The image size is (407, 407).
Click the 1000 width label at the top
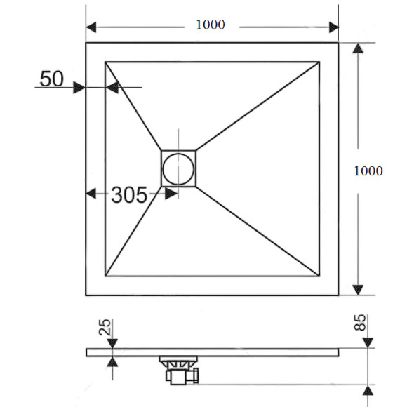click(x=210, y=25)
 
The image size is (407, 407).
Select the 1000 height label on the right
click(x=368, y=171)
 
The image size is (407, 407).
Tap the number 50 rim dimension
click(x=52, y=79)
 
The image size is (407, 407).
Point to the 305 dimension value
click(x=129, y=195)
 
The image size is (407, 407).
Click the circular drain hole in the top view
click(x=178, y=168)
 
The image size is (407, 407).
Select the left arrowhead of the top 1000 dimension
click(x=92, y=27)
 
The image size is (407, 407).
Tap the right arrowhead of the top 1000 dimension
click(x=333, y=27)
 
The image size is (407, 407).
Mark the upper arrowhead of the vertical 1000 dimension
click(x=358, y=49)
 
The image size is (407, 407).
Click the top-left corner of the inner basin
click(x=106, y=62)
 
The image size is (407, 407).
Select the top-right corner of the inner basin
click(x=320, y=62)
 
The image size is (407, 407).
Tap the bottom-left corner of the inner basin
click(x=106, y=276)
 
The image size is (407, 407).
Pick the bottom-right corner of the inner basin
click(x=320, y=276)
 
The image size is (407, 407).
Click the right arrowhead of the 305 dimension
click(x=170, y=194)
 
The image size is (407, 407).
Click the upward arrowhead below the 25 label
click(x=112, y=361)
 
